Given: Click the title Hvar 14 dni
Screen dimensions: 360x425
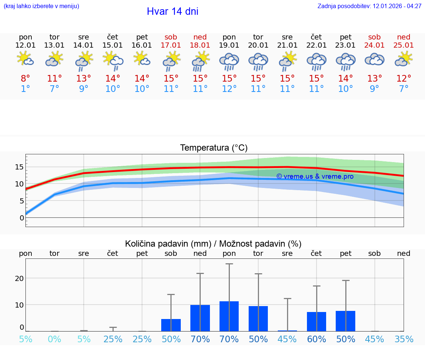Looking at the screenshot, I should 172,11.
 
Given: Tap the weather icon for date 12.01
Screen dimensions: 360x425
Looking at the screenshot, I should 25,59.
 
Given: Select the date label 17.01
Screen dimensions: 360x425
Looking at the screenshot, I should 171,45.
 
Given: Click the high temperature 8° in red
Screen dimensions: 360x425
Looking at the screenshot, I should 25,79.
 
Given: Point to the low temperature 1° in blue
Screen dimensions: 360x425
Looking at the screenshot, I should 25,89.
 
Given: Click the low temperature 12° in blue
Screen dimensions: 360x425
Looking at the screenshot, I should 229,89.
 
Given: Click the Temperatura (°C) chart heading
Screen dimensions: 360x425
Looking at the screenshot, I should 214,148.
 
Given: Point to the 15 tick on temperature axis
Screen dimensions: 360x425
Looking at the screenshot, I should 19,167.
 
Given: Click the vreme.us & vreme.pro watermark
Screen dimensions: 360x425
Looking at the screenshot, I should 315,176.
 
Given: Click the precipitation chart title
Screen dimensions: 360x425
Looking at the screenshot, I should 213,244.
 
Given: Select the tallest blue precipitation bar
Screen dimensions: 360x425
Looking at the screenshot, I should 229,316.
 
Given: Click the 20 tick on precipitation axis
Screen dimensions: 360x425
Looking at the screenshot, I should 19,278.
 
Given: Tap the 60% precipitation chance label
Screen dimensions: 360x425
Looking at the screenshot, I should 316,339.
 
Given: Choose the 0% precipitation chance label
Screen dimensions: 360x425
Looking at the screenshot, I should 55,339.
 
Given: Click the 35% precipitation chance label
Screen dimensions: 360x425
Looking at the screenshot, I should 404,339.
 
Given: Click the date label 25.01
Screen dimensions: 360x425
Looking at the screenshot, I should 404,45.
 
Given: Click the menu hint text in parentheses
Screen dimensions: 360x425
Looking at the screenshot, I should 41,6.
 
